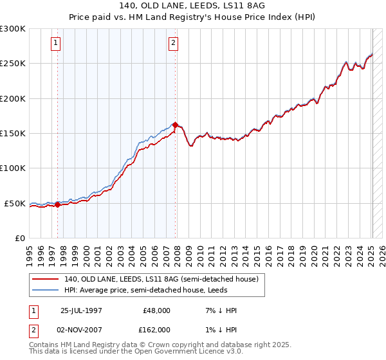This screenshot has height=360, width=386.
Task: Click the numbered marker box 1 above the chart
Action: [x=57, y=44]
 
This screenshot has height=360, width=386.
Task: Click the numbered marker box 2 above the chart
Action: [x=174, y=44]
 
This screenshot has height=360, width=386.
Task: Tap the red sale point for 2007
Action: [x=175, y=125]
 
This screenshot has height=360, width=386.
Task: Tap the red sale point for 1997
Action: [x=57, y=204]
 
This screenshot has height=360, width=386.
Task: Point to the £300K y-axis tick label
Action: [x=13, y=29]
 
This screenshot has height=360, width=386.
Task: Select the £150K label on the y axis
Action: [x=13, y=134]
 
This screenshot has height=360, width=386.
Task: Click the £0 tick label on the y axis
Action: [x=19, y=239]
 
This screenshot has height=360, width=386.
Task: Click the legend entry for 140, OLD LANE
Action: [x=161, y=279]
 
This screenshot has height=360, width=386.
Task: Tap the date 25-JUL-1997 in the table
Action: [x=82, y=310]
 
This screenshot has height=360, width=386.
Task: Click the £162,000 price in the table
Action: [x=157, y=330]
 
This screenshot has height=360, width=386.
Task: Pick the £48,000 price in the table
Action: [x=157, y=310]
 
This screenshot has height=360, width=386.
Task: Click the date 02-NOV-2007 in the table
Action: [x=82, y=330]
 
